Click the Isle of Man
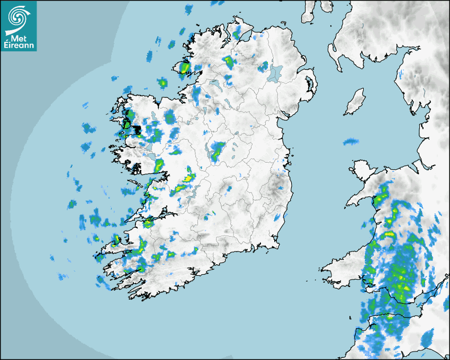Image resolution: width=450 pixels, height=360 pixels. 355,102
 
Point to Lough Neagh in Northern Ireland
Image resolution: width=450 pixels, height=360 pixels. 275,73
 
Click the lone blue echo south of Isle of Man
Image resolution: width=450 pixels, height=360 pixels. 350,142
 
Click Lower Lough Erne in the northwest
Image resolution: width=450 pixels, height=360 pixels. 214,85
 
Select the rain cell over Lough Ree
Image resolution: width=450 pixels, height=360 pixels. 217,150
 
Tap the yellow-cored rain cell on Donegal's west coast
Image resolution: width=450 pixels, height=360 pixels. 184,68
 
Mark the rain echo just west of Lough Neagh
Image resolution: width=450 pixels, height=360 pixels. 263,66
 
